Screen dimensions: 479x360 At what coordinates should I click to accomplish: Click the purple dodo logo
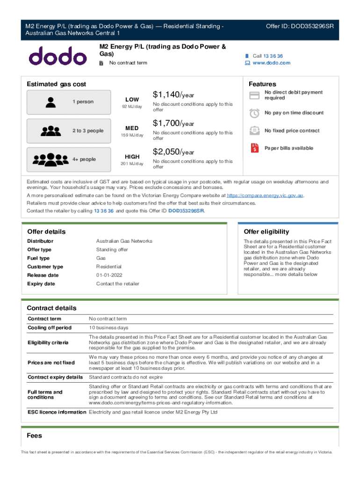click(58, 56)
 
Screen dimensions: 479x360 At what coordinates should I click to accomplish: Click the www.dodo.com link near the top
click(271, 63)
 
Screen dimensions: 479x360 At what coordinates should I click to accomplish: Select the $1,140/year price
click(173, 95)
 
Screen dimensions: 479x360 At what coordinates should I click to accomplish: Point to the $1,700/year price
click(173, 123)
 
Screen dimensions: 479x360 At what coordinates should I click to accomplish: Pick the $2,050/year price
click(173, 152)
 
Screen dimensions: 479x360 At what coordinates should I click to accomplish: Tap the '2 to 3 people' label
click(88, 131)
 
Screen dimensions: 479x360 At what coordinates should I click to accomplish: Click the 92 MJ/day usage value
click(132, 107)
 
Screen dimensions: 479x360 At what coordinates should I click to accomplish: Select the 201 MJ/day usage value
click(132, 164)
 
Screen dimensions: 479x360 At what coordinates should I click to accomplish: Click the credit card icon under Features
click(254, 95)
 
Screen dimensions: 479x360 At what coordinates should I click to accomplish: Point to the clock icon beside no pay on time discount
click(254, 113)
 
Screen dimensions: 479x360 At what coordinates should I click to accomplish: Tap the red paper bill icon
click(254, 148)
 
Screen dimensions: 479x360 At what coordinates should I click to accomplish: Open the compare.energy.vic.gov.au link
click(265, 195)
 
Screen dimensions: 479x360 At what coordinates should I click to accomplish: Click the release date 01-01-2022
click(109, 275)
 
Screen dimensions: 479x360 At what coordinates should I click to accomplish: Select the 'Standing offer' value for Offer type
click(112, 249)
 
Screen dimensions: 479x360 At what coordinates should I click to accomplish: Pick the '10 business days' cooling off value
click(108, 327)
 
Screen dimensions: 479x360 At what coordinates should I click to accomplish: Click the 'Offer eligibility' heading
click(266, 232)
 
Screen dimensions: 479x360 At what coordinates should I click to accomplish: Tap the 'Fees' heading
click(34, 435)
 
